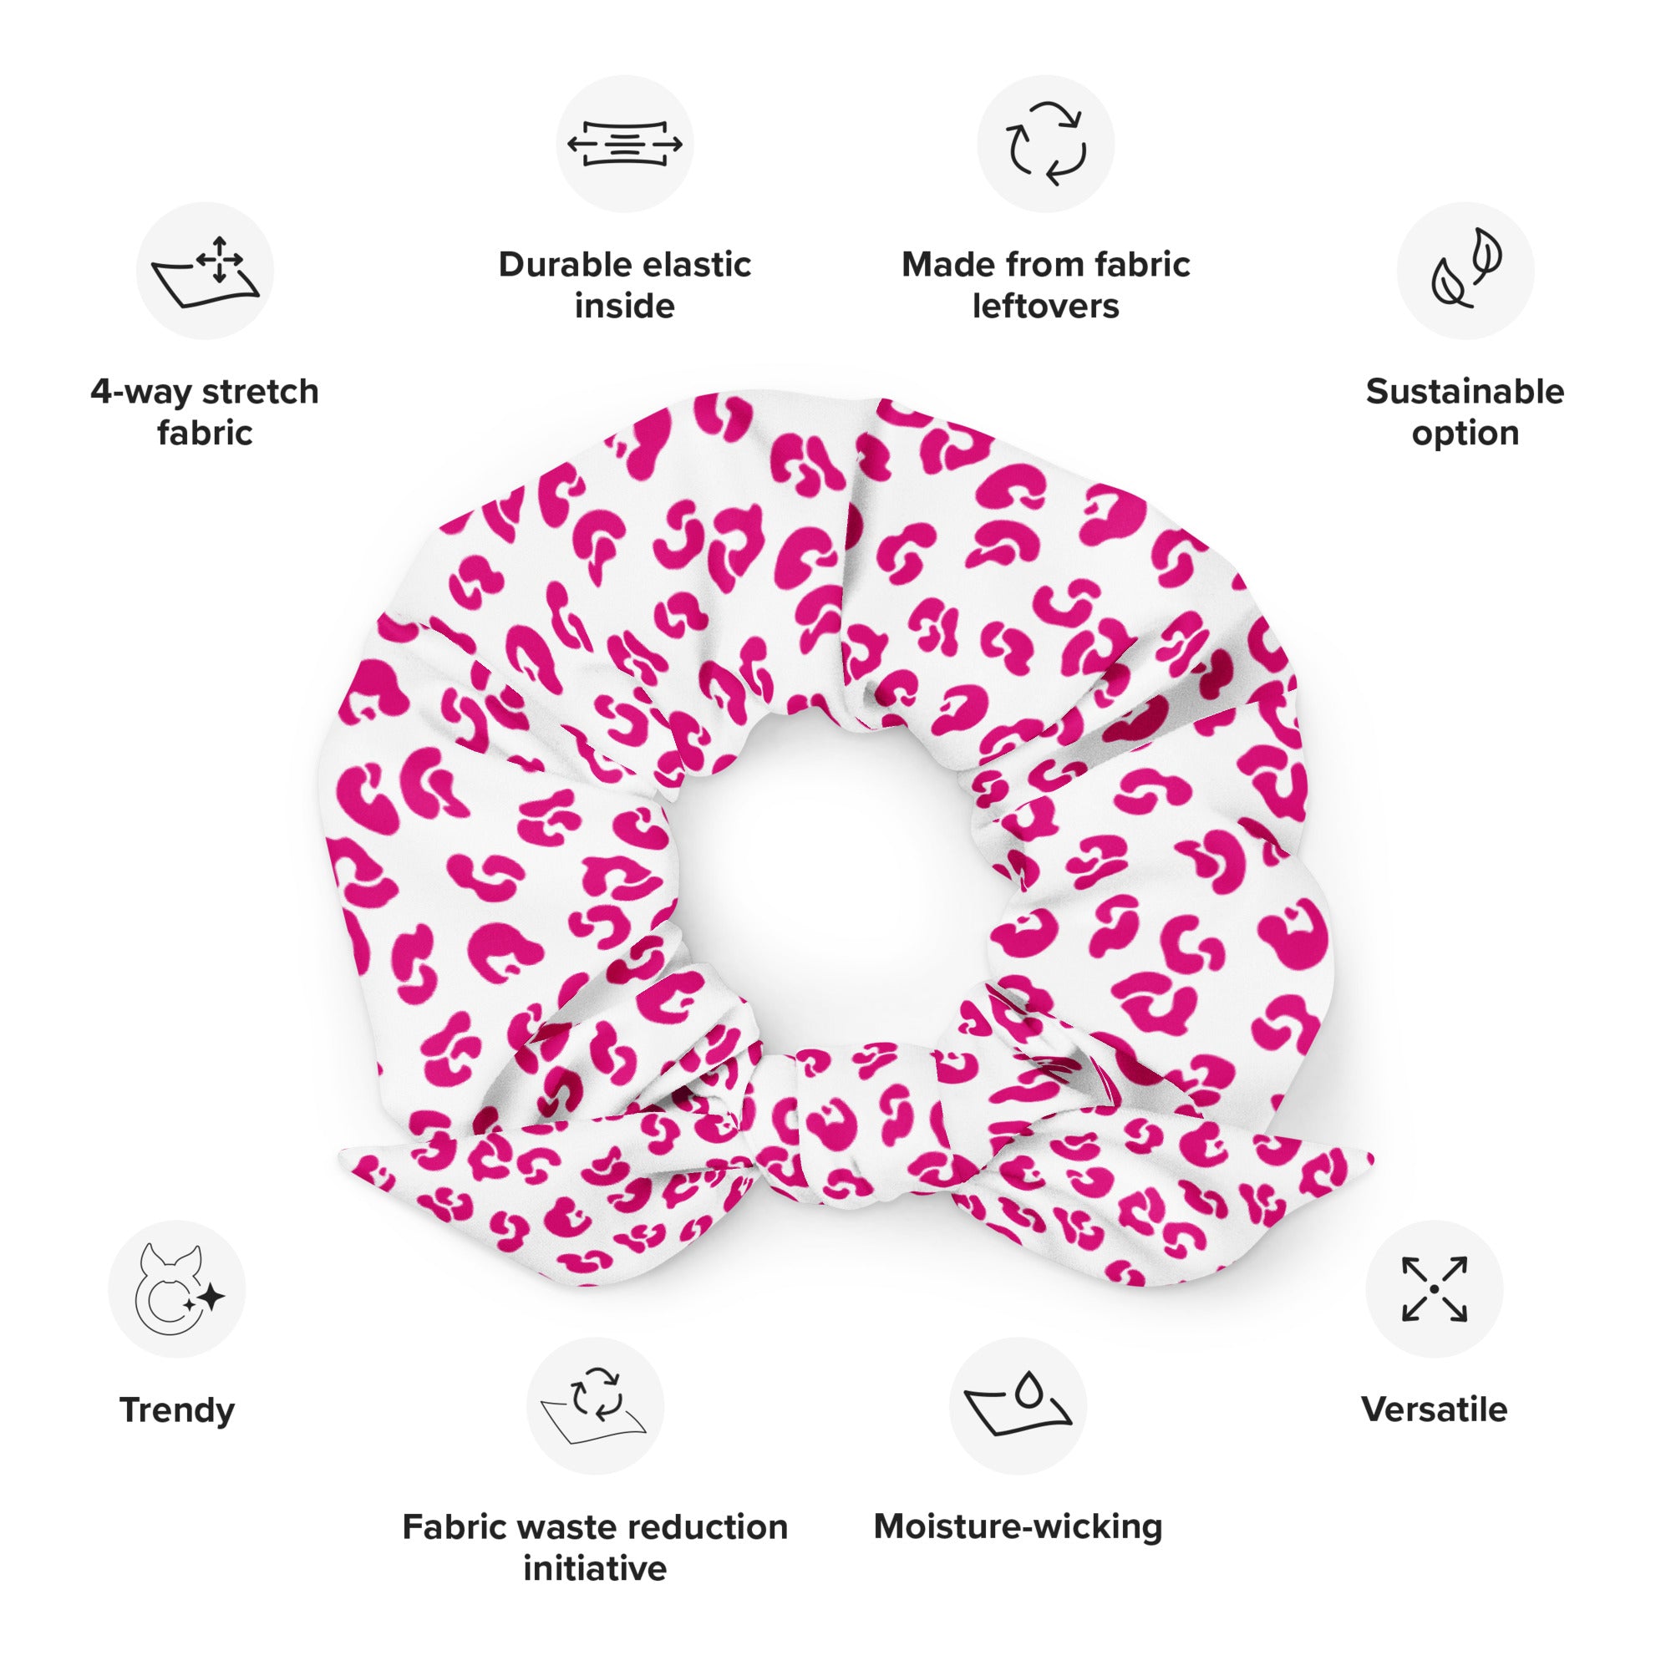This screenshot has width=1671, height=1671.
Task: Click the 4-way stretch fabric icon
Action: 205,271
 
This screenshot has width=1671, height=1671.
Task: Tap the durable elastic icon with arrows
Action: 624,144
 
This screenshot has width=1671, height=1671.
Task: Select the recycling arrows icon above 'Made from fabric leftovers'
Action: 1046,144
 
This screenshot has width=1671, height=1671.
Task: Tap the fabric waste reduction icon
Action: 595,1405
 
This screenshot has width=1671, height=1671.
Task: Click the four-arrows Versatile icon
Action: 1434,1288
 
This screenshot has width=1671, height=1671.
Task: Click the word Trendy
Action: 177,1410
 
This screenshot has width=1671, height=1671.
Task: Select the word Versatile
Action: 1434,1409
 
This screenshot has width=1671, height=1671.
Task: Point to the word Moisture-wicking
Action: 1018,1526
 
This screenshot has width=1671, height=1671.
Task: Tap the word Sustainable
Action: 1465,392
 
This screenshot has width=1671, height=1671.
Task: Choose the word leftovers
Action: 1046,306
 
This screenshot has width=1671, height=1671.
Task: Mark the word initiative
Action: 595,1569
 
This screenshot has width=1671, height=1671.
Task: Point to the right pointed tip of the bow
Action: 1374,1153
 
